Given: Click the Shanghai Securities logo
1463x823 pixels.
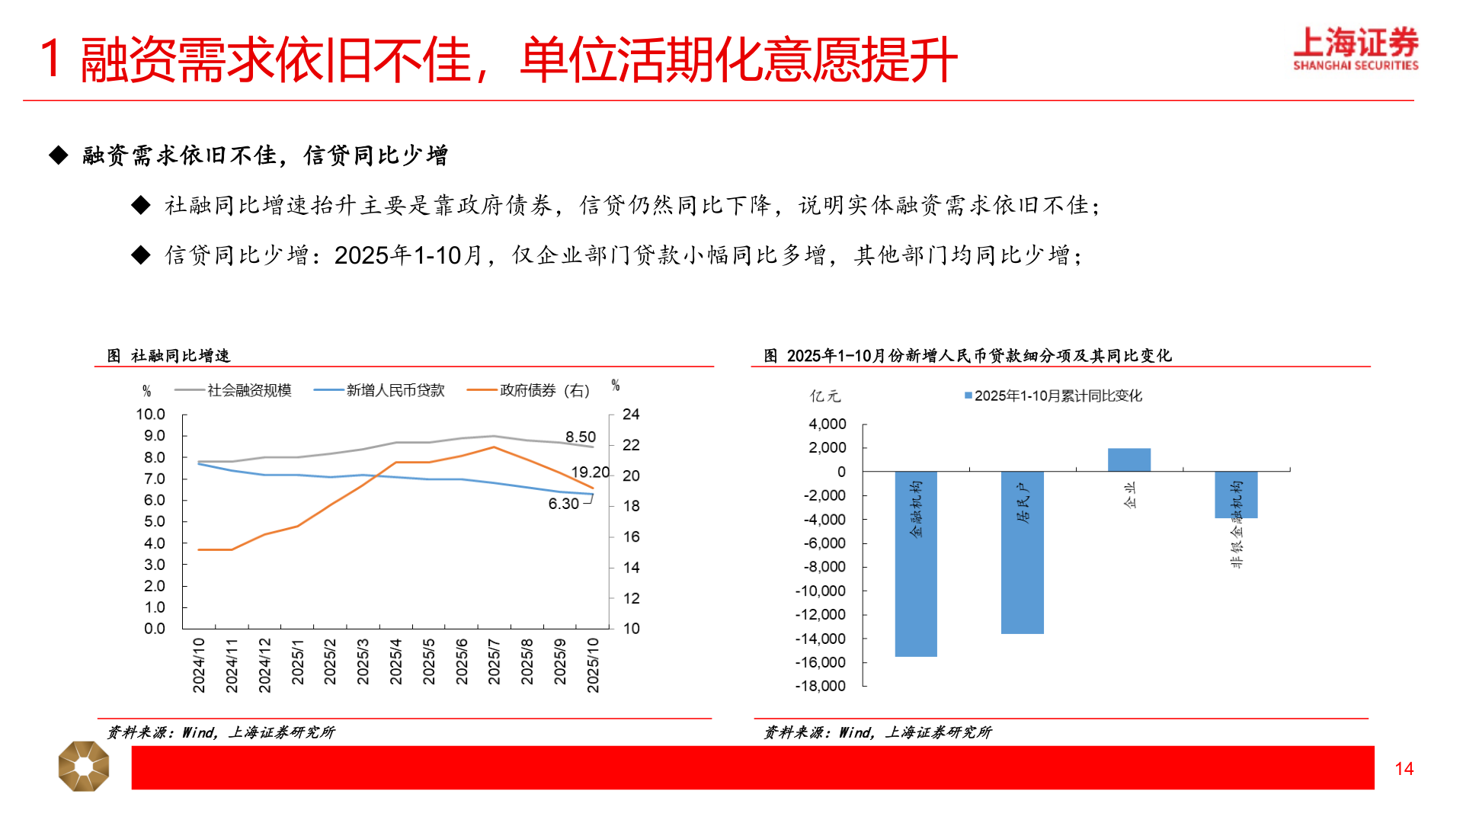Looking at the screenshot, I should [x=1355, y=49].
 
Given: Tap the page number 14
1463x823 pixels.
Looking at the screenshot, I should [x=1404, y=769].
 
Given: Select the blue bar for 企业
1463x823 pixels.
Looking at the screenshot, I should [x=1128, y=460].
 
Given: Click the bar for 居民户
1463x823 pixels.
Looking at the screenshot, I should [x=1022, y=552].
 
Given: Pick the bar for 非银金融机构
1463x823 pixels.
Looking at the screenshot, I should [x=1235, y=495].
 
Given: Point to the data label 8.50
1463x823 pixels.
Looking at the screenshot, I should [x=580, y=437].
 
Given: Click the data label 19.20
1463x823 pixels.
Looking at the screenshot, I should [x=590, y=472].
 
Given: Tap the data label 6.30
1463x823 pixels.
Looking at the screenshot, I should [x=563, y=504].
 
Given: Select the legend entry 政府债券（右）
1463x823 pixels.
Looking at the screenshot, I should [x=544, y=390].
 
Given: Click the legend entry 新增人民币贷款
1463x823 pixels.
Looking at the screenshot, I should [x=395, y=390].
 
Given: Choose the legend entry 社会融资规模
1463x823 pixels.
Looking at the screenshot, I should [x=248, y=390].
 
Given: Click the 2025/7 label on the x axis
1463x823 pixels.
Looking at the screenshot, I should [x=494, y=661].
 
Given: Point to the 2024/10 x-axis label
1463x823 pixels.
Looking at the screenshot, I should [x=199, y=665].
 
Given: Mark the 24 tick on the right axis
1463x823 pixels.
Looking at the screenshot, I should [x=631, y=415].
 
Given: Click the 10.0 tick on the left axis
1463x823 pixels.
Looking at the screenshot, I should [x=150, y=415].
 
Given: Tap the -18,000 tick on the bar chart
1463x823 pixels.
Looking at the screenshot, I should [x=820, y=686].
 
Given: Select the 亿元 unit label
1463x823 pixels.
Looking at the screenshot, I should [x=824, y=396].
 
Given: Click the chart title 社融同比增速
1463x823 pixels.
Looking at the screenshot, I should [x=180, y=356].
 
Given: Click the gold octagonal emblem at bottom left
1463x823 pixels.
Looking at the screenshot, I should [x=84, y=766].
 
